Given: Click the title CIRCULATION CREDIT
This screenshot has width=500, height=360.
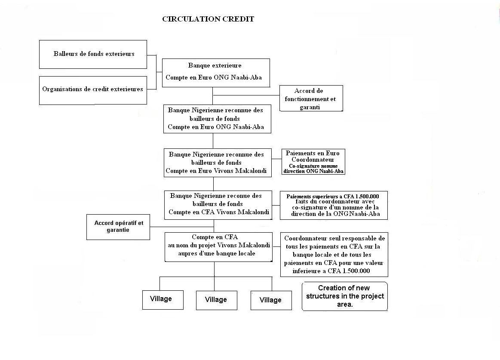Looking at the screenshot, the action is tap(208, 19).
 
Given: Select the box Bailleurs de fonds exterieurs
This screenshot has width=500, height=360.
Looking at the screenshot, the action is tap(93, 54).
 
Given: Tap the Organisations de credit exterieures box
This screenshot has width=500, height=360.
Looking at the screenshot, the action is tap(93, 90).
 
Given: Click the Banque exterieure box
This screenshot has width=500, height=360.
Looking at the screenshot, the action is tap(216, 73).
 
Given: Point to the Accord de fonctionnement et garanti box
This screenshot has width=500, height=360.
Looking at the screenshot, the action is tap(311, 98).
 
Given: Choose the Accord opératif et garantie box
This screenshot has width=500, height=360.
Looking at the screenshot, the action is tap(118, 227).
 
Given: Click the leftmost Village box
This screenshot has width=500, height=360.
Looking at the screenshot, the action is tap(163, 300).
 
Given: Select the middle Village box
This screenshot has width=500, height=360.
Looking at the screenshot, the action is tap(217, 300).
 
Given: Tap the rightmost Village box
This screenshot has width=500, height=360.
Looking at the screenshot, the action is tap(271, 300).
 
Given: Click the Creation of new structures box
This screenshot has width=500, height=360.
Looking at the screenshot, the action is tap(345, 296).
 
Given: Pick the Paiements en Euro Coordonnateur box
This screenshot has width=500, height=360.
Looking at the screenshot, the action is tap(313, 162).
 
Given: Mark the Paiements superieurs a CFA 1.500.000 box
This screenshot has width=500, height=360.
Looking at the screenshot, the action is tap(334, 205).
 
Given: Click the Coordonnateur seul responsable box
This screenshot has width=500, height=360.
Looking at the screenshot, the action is tap(334, 254).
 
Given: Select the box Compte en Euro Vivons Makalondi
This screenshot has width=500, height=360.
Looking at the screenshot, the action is tap(218, 163).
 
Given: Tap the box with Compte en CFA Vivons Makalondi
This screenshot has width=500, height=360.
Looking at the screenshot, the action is tap(218, 205).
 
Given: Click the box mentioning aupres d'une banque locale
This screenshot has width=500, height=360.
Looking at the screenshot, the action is tap(218, 247).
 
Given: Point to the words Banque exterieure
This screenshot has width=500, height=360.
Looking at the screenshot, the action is tap(215, 65).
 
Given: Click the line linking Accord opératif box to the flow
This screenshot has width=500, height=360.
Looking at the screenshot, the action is tap(182, 227).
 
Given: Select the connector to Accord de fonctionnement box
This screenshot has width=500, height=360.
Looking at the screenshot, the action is tap(246, 95).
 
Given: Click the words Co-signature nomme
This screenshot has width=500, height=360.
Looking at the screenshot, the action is tap(313, 166).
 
